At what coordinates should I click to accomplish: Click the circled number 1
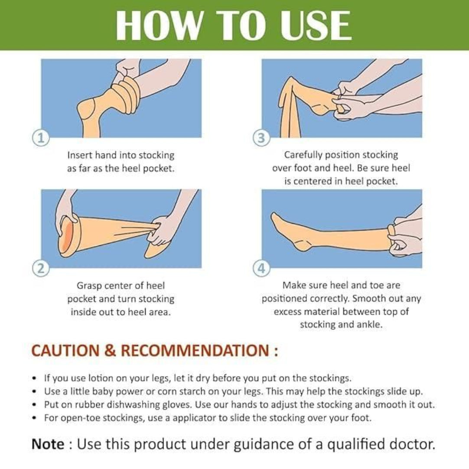41,138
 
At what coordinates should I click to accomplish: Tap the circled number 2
41,269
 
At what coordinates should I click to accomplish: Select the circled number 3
261,138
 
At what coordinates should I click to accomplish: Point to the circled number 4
261,269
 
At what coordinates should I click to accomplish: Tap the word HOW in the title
159,25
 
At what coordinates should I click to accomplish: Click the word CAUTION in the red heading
65,350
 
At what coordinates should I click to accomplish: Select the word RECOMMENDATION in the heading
195,350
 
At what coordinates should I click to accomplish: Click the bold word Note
48,444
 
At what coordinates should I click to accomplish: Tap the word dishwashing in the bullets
134,405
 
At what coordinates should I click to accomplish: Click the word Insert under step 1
80,155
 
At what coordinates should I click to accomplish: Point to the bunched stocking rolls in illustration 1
126,94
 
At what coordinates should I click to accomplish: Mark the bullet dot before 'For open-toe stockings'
35,417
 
